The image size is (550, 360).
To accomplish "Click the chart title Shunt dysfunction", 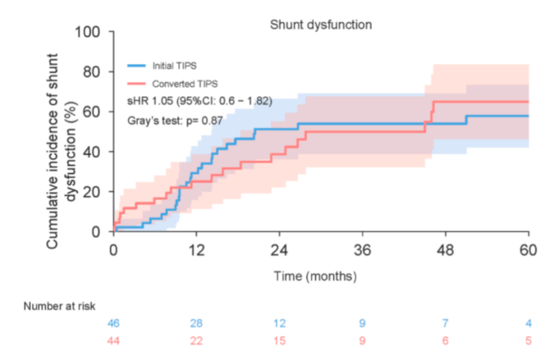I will [321, 25].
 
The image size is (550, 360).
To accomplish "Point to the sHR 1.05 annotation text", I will [199, 101].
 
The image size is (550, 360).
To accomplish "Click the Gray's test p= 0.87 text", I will [174, 120].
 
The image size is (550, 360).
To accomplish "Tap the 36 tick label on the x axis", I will [363, 251].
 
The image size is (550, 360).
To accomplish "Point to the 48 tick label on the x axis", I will [445, 251].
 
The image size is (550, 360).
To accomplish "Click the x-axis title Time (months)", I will [315, 276].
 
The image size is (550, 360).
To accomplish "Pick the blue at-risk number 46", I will [113, 323].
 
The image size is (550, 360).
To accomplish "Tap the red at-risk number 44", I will [113, 340].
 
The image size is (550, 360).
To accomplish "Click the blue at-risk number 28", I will [197, 323].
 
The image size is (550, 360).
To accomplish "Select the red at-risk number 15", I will [279, 340].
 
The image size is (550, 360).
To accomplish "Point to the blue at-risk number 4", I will [528, 323].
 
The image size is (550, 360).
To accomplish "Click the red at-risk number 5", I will [528, 340].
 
